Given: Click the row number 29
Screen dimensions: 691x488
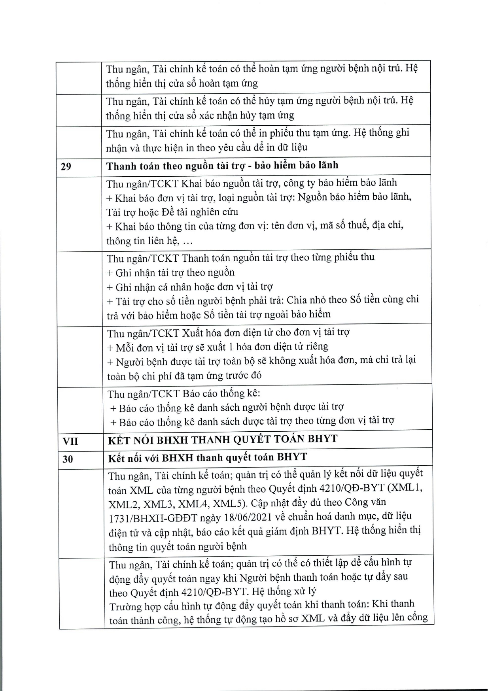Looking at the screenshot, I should tap(66, 166).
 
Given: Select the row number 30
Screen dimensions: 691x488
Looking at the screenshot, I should tap(68, 459).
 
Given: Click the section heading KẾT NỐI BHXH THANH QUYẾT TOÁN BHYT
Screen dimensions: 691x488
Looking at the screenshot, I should tap(223, 439).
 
